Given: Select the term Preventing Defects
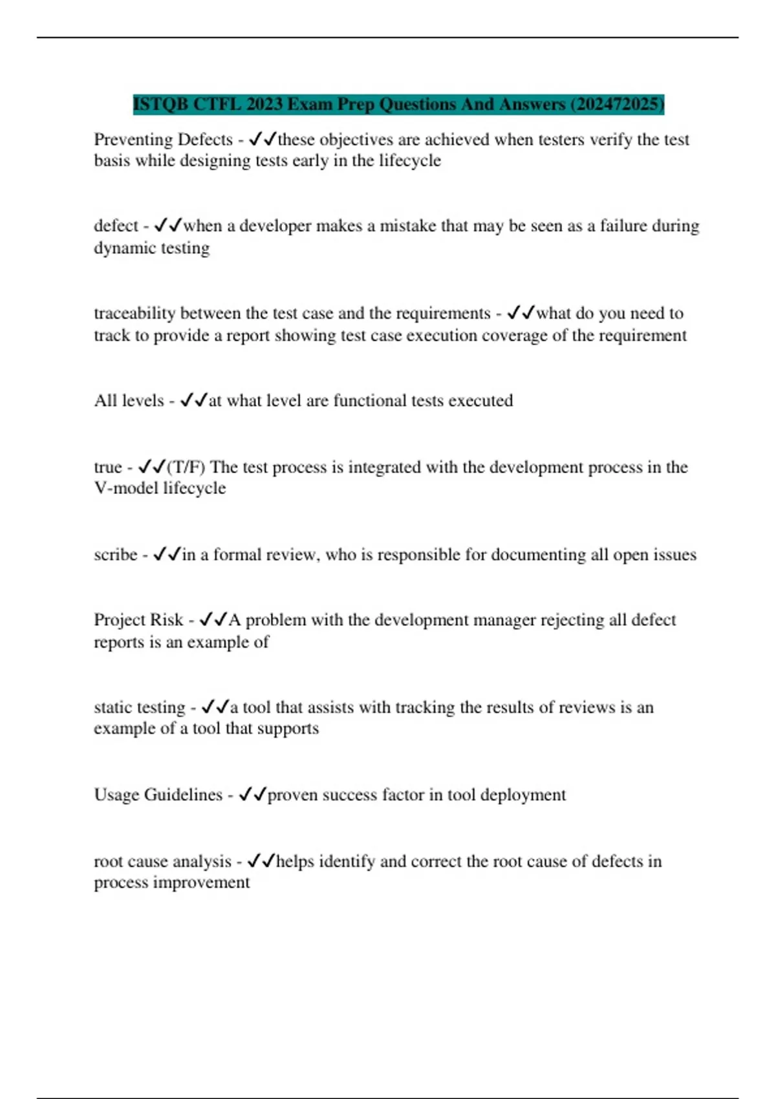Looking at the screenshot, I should point(163,140).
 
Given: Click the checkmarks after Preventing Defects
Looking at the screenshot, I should point(263,139).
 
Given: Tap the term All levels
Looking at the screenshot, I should point(129,401).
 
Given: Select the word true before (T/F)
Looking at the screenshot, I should point(108,467).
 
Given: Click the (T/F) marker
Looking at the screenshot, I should point(186,467).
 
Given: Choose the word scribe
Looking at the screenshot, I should point(116,555).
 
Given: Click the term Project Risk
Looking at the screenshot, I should point(139,620).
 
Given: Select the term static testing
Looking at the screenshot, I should point(140,707).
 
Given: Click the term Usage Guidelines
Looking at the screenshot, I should point(158,795).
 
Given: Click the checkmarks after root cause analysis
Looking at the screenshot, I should point(261,861).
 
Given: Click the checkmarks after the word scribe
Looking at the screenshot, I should point(167,555).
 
